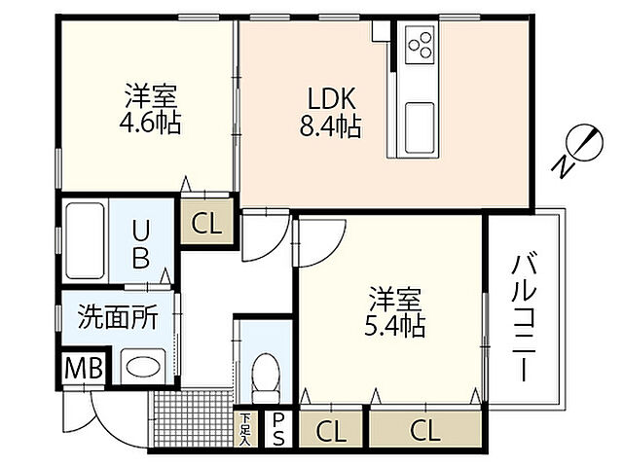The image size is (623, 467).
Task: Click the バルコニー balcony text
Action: coord(525,316)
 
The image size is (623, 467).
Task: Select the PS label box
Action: coord(278,428)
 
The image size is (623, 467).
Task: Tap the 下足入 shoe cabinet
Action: coord(246,428)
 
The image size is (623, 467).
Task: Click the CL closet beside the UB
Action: coord(206,225)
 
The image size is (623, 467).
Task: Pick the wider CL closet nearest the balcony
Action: coord(424,428)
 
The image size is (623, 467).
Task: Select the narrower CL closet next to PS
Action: coord(331,428)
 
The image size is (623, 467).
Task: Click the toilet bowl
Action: coord(266,375)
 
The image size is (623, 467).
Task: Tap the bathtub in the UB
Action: coord(85,241)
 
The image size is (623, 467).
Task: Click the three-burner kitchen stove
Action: coord(421,44)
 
